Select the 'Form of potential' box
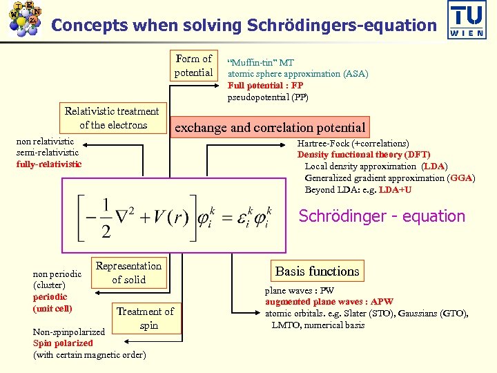[x=193, y=66]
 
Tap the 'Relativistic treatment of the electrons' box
[x=112, y=118]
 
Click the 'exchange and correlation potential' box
[x=270, y=127]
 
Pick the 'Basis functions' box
[x=317, y=271]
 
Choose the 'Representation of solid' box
[x=128, y=273]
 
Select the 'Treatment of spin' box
[x=146, y=318]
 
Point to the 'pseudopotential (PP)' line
[x=268, y=97]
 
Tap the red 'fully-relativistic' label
[x=49, y=164]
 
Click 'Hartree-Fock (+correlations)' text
[x=353, y=144]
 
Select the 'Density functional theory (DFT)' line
[x=364, y=155]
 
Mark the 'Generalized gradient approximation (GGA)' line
[x=390, y=178]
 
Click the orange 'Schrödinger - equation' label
[x=382, y=216]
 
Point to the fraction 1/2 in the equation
[x=106, y=218]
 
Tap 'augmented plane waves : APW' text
[x=329, y=302]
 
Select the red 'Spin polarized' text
[x=63, y=343]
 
